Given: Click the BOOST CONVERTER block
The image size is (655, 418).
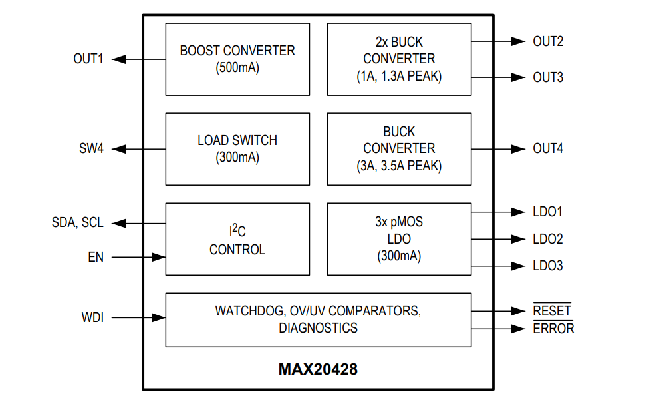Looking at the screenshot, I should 237,59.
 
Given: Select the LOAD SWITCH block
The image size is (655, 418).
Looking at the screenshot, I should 237,149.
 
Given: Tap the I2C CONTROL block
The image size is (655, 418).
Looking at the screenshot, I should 237,239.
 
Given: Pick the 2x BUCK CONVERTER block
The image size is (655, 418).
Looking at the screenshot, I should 399,59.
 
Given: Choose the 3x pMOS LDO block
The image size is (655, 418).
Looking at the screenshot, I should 399,239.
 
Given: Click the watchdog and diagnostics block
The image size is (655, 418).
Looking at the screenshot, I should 318,319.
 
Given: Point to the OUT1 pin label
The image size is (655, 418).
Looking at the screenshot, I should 88,59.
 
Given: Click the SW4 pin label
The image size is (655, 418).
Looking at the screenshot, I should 91,149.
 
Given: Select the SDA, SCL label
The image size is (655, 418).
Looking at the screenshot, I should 78,223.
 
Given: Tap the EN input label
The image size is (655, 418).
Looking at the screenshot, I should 96,257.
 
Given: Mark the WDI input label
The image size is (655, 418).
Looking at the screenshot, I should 92,318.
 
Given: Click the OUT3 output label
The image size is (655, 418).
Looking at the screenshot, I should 548,77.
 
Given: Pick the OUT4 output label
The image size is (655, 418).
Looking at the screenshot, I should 548,149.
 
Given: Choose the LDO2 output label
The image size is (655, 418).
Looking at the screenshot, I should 548,239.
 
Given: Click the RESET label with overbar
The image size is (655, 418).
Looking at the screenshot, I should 552,311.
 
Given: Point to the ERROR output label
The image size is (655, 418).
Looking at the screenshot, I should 553,329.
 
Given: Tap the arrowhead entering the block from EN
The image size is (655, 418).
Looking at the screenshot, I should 158,257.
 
